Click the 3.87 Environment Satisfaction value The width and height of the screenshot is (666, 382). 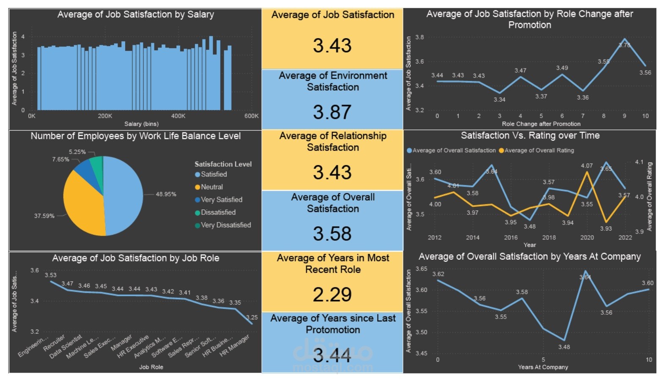pos(332,112)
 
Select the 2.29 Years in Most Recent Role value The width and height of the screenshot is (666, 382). pos(332,294)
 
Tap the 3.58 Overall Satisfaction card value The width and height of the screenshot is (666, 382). pos(332,234)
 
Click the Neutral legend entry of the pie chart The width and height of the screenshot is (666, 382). pos(211,187)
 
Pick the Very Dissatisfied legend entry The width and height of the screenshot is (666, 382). pos(225,225)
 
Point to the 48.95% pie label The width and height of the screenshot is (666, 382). pos(166,194)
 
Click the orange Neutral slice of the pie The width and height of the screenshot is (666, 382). pos(82,203)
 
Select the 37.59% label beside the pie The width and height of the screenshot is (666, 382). pos(44,216)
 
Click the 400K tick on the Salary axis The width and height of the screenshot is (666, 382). pos(178,116)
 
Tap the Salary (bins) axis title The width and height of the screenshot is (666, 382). pos(141,124)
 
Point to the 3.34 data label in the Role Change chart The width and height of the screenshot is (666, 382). pos(499,100)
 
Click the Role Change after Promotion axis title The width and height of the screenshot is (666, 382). pos(541,124)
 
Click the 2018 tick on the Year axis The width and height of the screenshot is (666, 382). pos(549,238)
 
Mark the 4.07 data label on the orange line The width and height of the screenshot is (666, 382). pos(587,166)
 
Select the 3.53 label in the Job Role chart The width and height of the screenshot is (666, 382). pos(51,275)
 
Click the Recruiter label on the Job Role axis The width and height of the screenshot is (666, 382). pos(54,343)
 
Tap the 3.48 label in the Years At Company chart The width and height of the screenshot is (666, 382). pos(564,347)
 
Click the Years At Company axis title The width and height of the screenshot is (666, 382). pos(543,367)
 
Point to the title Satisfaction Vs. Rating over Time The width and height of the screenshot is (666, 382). pos(530,135)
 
